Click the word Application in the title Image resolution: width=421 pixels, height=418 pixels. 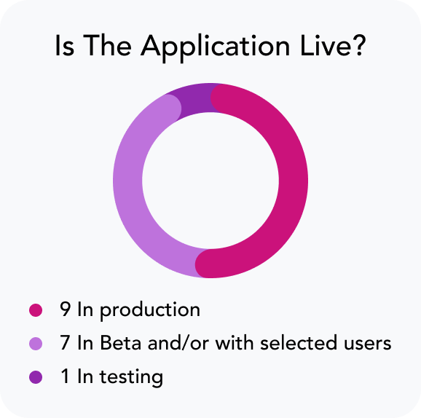point(216,48)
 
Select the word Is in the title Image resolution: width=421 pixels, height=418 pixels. point(64,46)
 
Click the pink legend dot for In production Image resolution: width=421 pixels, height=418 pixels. point(36,310)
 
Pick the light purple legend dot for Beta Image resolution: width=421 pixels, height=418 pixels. point(36,344)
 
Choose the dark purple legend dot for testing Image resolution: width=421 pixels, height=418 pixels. point(36,377)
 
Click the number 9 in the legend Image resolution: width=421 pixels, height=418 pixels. point(66,309)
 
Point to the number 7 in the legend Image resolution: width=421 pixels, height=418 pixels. point(66,342)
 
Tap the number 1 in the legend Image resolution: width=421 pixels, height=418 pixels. point(66,376)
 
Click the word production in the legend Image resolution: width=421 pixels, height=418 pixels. point(150,311)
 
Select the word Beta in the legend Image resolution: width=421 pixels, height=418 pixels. point(121,342)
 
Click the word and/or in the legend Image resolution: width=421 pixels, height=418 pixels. point(178,342)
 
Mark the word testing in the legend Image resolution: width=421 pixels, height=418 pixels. point(131,378)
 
